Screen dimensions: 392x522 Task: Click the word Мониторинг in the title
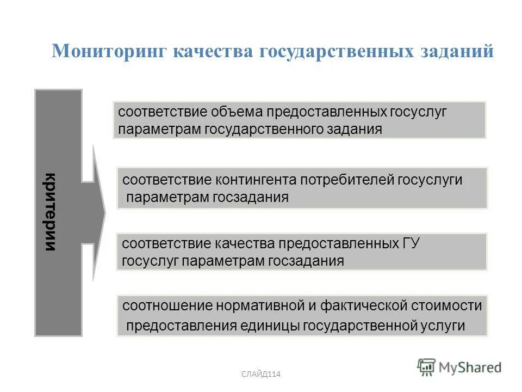108,51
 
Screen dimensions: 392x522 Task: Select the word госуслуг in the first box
418,112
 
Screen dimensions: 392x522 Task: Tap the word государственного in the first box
262,130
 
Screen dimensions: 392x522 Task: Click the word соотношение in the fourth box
167,305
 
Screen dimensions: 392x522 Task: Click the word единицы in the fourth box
270,326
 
